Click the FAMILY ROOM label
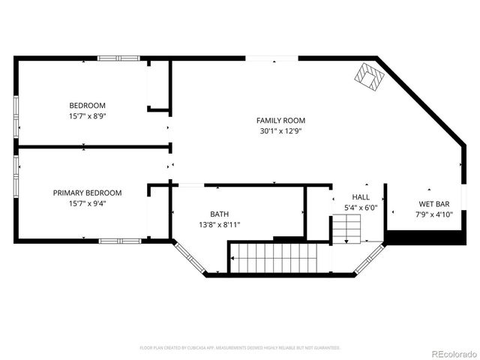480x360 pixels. pyautogui.click(x=280, y=120)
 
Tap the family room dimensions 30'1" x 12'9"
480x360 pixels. pyautogui.click(x=280, y=130)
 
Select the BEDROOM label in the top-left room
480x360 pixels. pyautogui.click(x=87, y=105)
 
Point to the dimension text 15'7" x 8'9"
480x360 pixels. pyautogui.click(x=87, y=115)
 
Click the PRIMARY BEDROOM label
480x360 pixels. pyautogui.click(x=87, y=193)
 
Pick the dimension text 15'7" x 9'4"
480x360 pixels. pyautogui.click(x=87, y=203)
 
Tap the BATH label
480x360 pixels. pyautogui.click(x=219, y=214)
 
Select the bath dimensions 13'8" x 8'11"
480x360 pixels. pyautogui.click(x=219, y=224)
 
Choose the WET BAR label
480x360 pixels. pyautogui.click(x=433, y=204)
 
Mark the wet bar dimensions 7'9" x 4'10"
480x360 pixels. pyautogui.click(x=433, y=214)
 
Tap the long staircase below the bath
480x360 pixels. pyautogui.click(x=279, y=258)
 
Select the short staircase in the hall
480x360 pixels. pyautogui.click(x=346, y=227)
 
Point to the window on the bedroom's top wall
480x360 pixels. pyautogui.click(x=118, y=58)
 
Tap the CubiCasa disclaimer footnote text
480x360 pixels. pyautogui.click(x=240, y=348)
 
